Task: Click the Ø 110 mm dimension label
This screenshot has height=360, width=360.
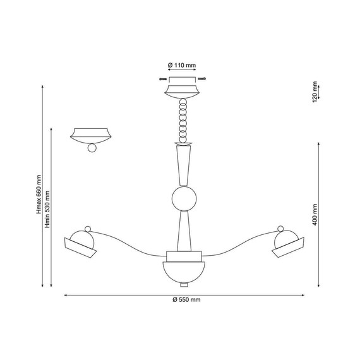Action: pos(182,65)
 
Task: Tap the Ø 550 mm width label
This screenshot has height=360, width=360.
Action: pos(186,299)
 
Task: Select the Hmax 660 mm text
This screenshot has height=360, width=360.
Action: pos(39,195)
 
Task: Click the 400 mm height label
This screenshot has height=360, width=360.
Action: pos(315,215)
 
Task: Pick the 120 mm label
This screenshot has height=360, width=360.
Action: pos(315,92)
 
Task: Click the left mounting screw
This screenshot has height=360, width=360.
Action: pos(163,79)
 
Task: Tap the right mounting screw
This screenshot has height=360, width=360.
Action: pos(202,79)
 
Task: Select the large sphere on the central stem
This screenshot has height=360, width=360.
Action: pos(184,198)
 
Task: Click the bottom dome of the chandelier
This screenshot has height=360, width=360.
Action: pos(184,272)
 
